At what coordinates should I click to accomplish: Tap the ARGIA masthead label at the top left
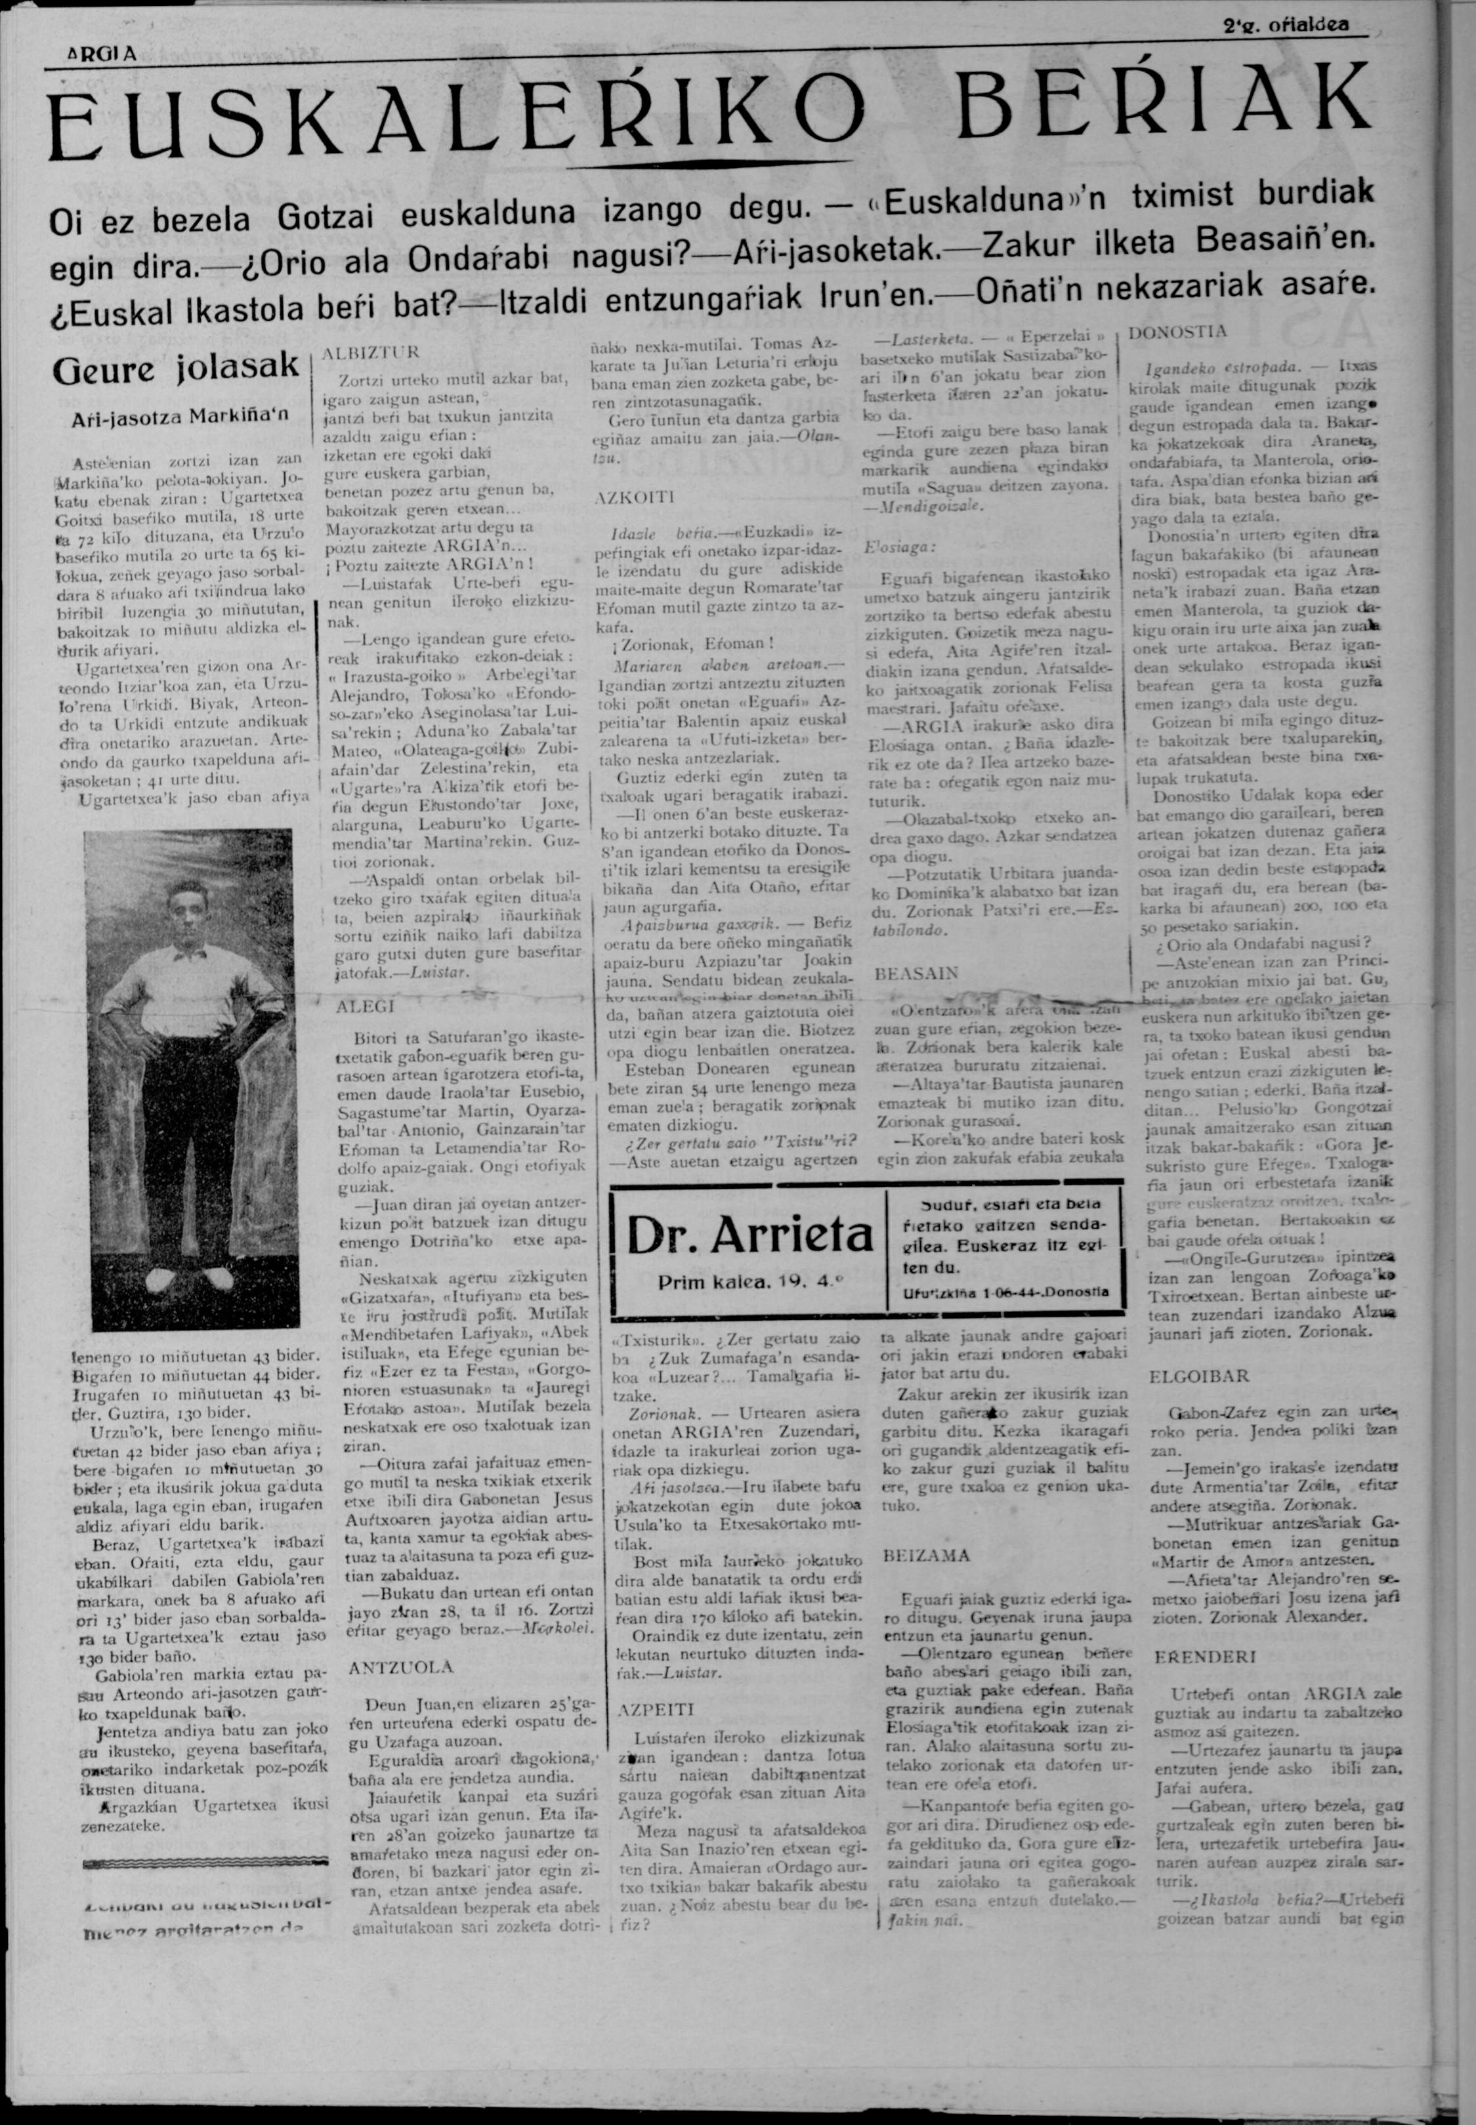(104, 54)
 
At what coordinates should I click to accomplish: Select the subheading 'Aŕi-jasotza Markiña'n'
(181, 415)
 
